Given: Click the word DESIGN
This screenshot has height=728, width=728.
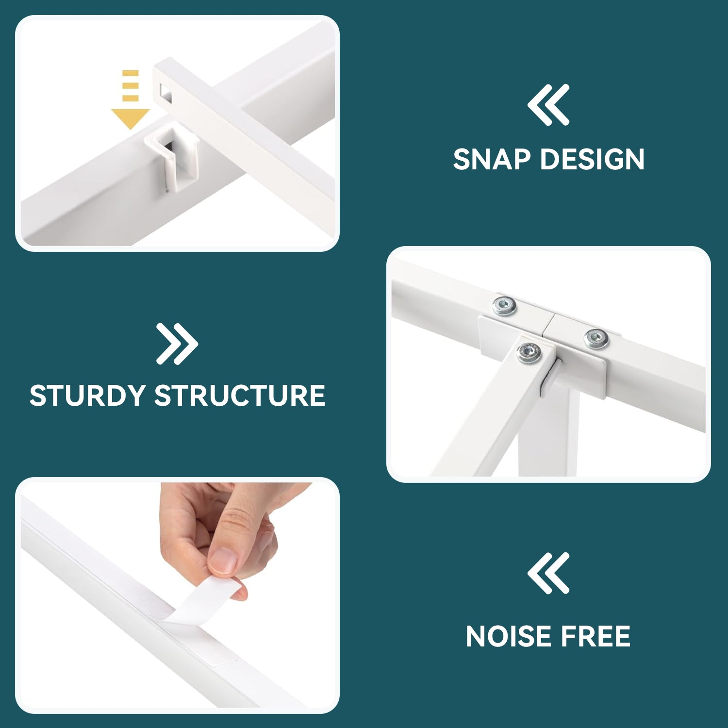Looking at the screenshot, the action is tap(592, 159).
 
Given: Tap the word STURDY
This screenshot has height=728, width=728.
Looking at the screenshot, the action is tap(87, 396).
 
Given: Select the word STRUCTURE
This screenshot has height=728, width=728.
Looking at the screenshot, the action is tap(240, 396).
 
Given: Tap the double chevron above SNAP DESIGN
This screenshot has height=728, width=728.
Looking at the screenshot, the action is tap(548, 105).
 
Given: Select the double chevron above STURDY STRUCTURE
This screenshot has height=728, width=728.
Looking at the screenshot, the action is tap(177, 344).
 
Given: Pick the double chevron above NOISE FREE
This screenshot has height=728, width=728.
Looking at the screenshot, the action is tap(548, 573).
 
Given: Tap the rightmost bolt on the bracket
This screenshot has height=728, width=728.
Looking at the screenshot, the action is tap(596, 338).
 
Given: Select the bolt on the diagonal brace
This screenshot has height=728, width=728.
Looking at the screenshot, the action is tap(529, 351).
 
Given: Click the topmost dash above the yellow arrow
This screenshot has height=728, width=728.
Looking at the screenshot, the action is tap(131, 73).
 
